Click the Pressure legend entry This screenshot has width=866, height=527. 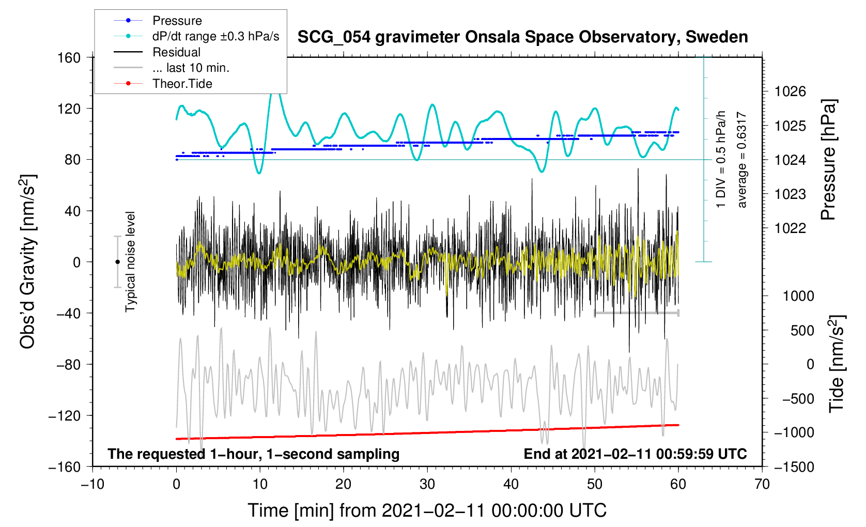[x=177, y=21]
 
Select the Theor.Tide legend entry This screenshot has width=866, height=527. [x=182, y=84]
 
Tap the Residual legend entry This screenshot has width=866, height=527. [x=176, y=52]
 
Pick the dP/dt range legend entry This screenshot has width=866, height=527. [x=215, y=36]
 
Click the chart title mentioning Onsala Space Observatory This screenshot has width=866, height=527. [x=522, y=37]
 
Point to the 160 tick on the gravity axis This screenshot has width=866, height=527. [x=69, y=57]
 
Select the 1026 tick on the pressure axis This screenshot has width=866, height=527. [x=790, y=91]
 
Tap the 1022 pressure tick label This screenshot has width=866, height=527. [x=790, y=228]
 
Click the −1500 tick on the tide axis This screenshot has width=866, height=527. [x=793, y=467]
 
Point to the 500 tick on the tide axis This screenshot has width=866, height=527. [x=802, y=330]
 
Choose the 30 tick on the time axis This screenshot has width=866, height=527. [x=427, y=484]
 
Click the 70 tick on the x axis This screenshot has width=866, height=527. [x=762, y=484]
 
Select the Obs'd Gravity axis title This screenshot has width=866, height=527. [x=27, y=262]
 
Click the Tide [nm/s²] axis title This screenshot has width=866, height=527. [x=836, y=364]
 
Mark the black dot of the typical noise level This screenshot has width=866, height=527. [x=117, y=262]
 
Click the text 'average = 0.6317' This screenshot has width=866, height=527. [x=742, y=160]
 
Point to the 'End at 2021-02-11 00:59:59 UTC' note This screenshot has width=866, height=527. [x=635, y=454]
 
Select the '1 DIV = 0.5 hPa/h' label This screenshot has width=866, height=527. [x=721, y=159]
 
